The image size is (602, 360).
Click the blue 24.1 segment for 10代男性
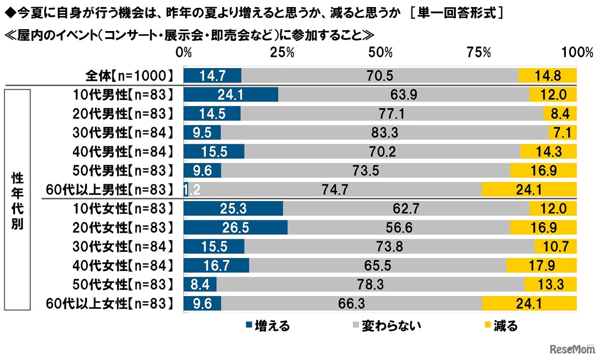click(x=230, y=95)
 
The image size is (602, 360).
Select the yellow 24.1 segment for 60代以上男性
click(x=529, y=190)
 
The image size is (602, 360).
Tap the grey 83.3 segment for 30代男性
click(x=384, y=133)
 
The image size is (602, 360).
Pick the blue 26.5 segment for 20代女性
click(x=235, y=228)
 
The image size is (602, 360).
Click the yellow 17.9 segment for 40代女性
click(x=541, y=266)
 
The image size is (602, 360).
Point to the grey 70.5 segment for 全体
click(x=380, y=76)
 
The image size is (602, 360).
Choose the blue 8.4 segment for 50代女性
click(x=200, y=285)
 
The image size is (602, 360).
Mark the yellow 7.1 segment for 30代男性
click(x=562, y=133)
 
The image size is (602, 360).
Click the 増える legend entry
click(x=268, y=325)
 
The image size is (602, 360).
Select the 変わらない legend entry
click(x=387, y=325)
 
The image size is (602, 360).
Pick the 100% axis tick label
click(x=578, y=53)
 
